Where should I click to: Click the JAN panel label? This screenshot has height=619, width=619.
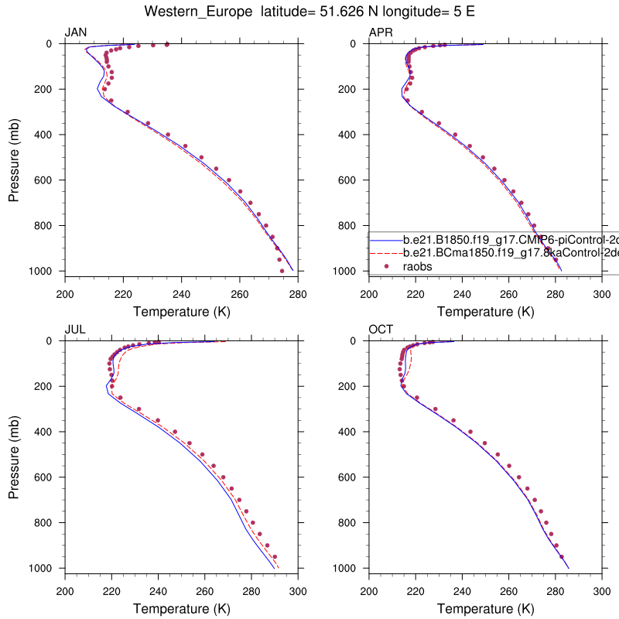pyautogui.click(x=75, y=32)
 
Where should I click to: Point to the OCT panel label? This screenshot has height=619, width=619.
pyautogui.click(x=380, y=329)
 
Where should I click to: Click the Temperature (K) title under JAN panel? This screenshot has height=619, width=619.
pyautogui.click(x=181, y=312)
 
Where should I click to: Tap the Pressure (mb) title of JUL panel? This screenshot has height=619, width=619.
pyautogui.click(x=14, y=454)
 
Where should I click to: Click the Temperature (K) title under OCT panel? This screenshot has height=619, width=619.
pyautogui.click(x=485, y=609)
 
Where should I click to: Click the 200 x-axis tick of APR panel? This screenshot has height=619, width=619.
pyautogui.click(x=369, y=294)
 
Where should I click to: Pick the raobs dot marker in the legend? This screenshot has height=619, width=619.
pyautogui.click(x=387, y=265)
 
